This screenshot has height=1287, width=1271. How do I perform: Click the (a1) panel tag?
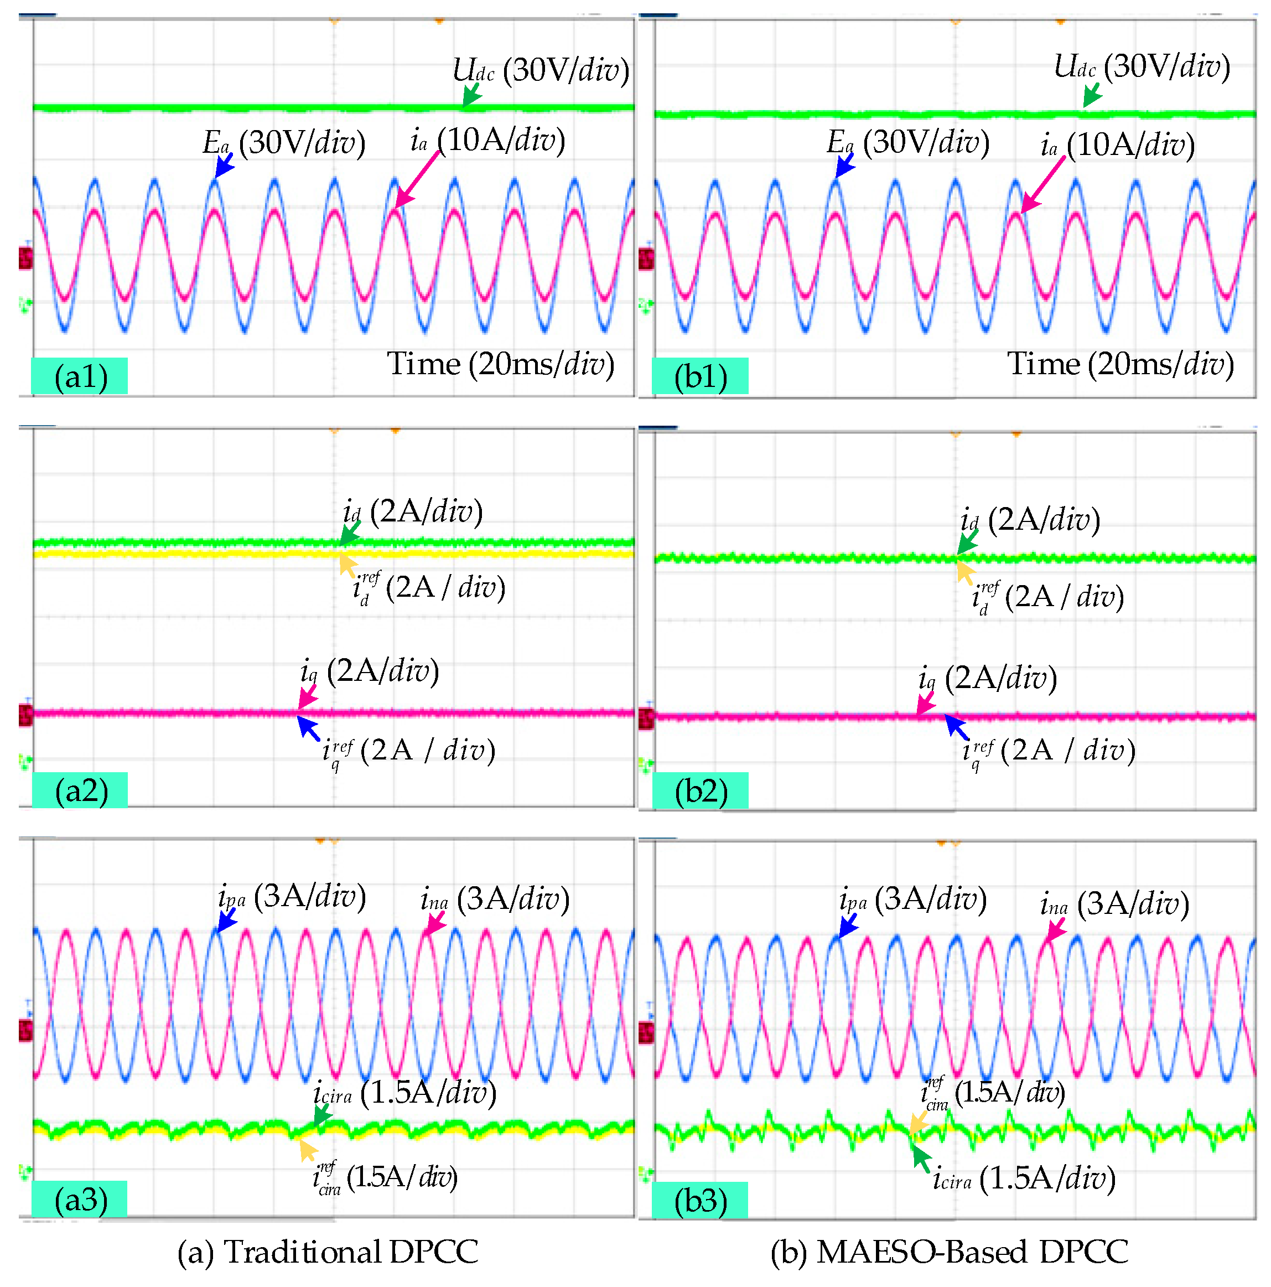point(79,376)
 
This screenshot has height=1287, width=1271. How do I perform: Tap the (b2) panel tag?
point(701,790)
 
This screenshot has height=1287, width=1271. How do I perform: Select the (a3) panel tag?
point(79,1199)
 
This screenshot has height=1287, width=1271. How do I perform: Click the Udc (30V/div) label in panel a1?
point(540,70)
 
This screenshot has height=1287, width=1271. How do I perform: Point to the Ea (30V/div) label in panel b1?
point(907,143)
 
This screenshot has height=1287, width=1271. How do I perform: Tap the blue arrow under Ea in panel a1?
point(224,164)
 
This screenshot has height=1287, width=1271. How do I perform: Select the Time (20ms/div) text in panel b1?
point(1120,364)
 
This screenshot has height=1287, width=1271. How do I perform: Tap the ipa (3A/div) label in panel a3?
point(292,897)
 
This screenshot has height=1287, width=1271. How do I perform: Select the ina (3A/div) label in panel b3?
point(1114,904)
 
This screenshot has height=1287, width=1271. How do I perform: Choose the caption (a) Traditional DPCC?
point(328,1252)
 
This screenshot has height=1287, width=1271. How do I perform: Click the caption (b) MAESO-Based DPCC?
point(949,1252)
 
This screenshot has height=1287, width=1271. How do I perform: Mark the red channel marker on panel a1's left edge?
point(25,259)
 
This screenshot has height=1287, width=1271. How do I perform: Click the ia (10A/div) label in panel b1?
point(1118,145)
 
